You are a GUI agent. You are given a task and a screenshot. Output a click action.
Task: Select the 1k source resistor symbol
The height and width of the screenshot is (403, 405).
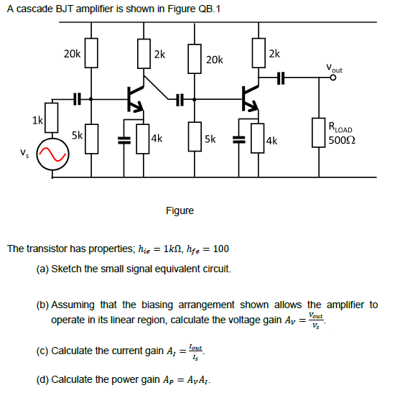tap(52, 121)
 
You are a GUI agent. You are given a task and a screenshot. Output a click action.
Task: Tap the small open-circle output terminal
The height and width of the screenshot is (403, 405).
tap(332, 79)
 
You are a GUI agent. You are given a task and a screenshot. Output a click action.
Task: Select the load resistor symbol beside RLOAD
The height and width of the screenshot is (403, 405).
tap(319, 133)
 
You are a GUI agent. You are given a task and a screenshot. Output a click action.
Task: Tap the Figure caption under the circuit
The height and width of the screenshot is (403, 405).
tap(180, 210)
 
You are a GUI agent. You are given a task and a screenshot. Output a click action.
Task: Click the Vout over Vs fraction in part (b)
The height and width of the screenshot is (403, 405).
tap(315, 320)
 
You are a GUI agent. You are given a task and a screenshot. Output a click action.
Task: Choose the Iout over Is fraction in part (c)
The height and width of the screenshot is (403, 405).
tap(195, 351)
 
